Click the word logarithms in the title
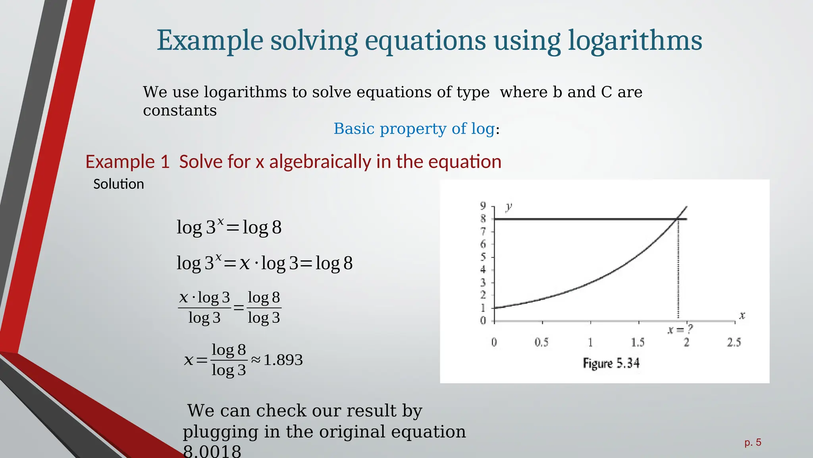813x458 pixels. (635, 41)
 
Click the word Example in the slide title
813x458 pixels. (210, 41)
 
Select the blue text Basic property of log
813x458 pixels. (414, 128)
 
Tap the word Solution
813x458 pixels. (118, 184)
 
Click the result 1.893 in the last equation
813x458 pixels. (283, 360)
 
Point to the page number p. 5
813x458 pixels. (753, 442)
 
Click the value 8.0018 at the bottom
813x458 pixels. (212, 451)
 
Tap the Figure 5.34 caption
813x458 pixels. (611, 363)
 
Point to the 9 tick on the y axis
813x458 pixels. (483, 206)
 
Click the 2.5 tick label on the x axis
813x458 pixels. (734, 342)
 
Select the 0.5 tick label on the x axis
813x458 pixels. (541, 342)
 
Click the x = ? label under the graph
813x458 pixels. (680, 329)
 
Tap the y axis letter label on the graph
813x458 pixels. (509, 207)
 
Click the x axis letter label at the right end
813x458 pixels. (742, 316)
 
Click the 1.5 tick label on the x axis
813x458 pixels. (638, 342)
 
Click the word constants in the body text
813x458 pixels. (180, 111)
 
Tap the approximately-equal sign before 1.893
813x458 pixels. (256, 360)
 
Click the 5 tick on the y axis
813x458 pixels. (483, 257)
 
